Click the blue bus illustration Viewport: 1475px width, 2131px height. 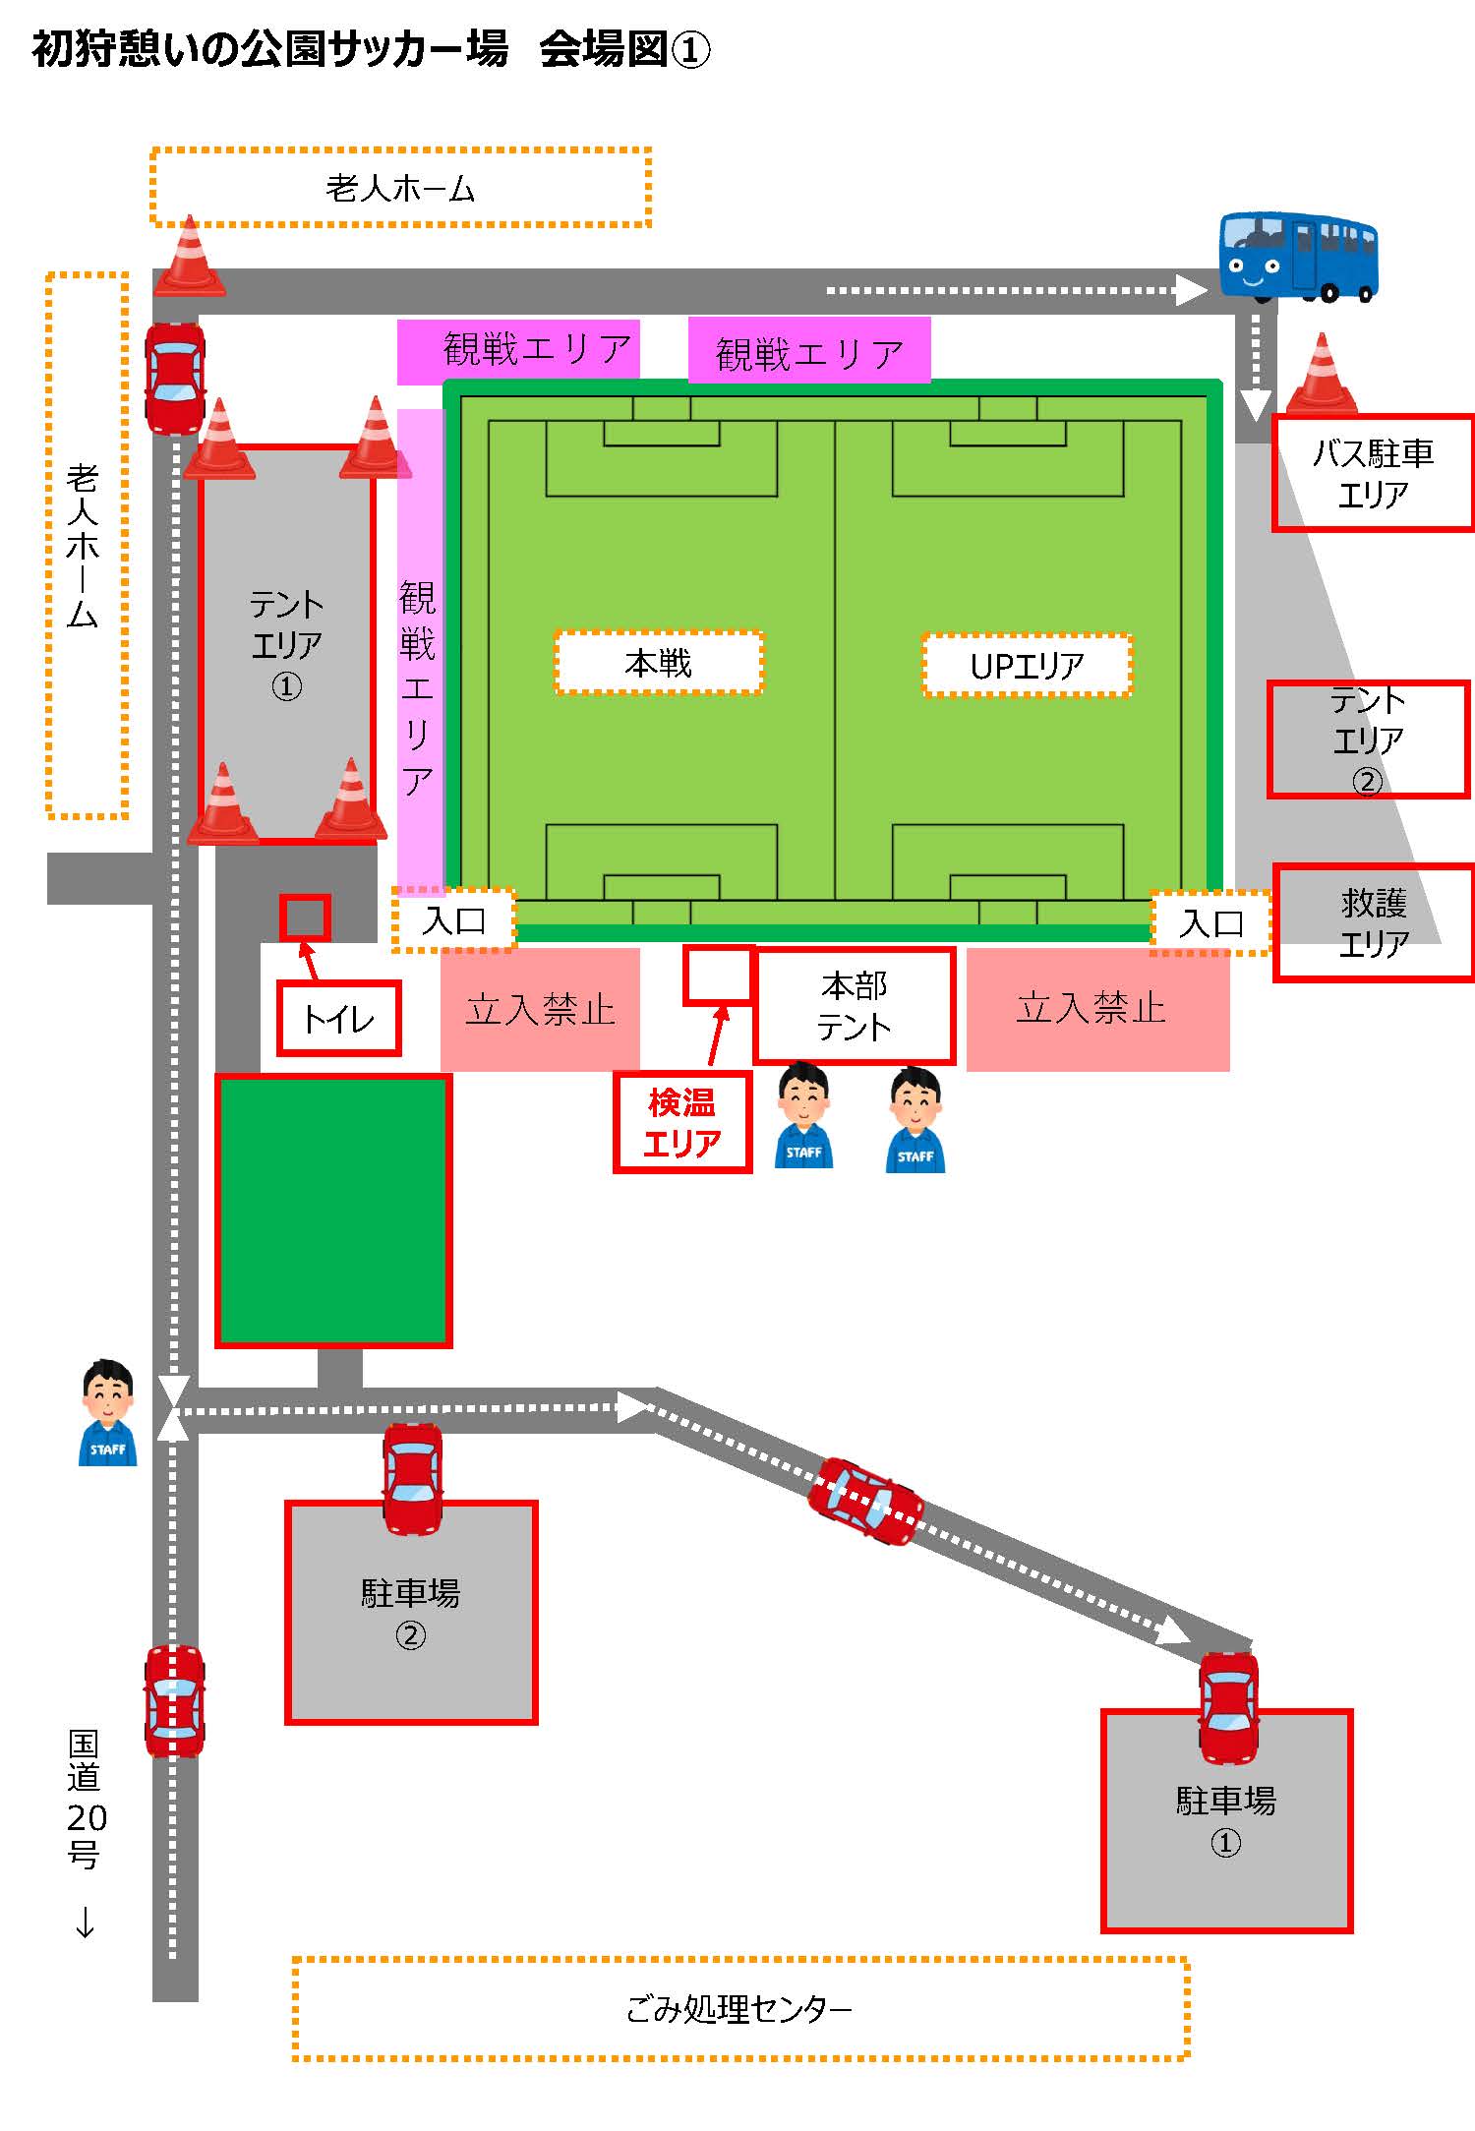(1298, 256)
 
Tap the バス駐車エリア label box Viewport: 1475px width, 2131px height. (1373, 473)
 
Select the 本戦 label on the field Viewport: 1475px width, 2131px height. (659, 663)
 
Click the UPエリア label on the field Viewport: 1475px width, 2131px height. (1027, 666)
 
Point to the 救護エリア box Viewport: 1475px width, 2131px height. (1374, 922)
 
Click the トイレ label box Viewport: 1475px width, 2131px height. (339, 1018)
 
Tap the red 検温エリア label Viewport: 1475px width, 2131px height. (682, 1122)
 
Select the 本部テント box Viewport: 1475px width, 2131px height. (855, 1006)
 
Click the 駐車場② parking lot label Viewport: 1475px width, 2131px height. (411, 1613)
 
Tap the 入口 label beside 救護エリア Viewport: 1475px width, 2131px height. (1211, 923)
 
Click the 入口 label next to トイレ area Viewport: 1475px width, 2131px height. (454, 920)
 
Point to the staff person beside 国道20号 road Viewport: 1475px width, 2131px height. (107, 1413)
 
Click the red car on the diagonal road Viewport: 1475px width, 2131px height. (865, 1501)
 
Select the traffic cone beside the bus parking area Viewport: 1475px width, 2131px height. (1322, 373)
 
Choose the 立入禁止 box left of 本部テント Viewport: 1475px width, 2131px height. (540, 1009)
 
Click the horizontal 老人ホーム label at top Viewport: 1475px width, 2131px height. (400, 188)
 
